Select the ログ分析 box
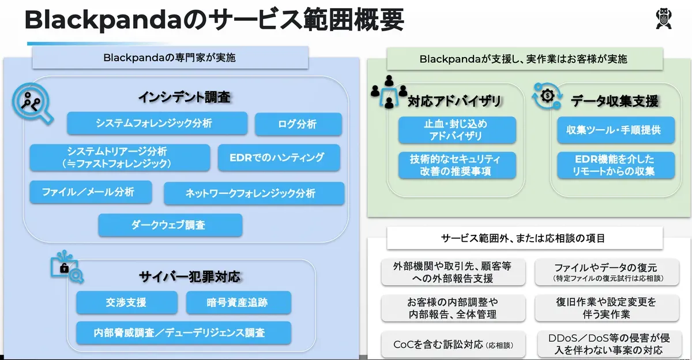[x=298, y=124]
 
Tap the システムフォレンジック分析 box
[x=157, y=123]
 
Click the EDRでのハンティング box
[x=279, y=157]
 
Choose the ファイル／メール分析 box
[x=91, y=192]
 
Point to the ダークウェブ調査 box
[x=170, y=225]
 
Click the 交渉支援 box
[x=126, y=302]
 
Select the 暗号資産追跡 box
[x=238, y=302]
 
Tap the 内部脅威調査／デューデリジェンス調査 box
[x=183, y=333]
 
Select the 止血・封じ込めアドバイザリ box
[x=457, y=130]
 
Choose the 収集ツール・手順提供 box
[x=608, y=130]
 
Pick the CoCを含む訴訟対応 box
[x=453, y=345]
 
